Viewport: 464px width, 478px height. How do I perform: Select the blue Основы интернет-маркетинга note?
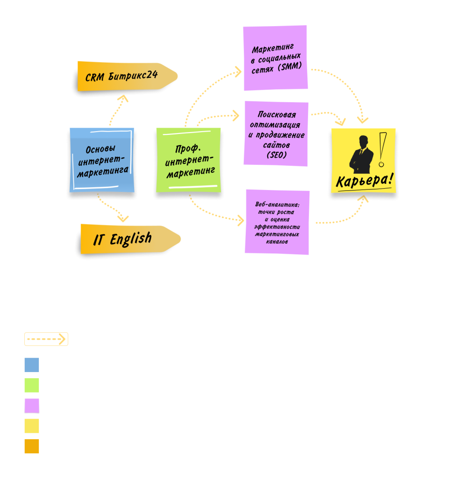coord(102,160)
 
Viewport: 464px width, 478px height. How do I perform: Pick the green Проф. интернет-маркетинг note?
coord(188,160)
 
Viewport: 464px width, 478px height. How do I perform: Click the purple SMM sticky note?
coord(275,58)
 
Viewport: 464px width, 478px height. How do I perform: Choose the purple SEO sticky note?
coord(276,133)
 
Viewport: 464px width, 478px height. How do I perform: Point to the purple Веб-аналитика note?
coord(278,222)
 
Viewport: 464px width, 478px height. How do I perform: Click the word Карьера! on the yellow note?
coord(364,180)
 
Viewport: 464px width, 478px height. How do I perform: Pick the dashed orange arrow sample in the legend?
coord(46,339)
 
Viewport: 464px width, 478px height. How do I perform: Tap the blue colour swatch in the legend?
coord(32,365)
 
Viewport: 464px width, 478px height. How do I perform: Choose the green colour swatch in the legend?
coord(32,385)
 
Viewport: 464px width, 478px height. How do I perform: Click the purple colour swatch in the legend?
coord(32,405)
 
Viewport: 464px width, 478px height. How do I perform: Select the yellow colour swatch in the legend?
coord(32,426)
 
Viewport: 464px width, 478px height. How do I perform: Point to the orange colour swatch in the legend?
coord(32,446)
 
